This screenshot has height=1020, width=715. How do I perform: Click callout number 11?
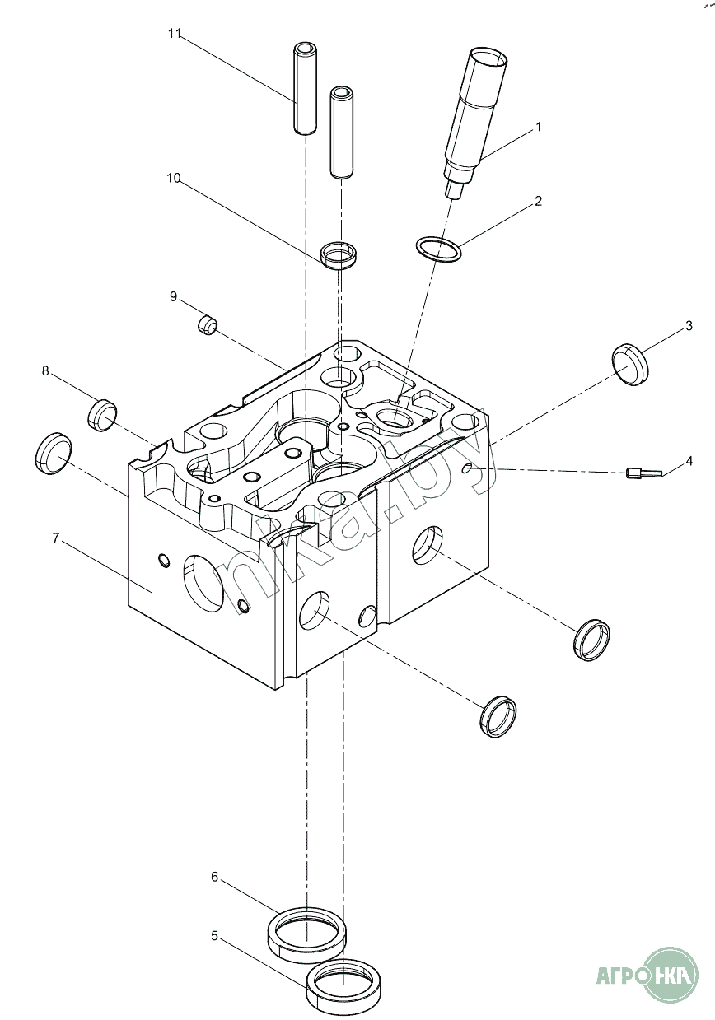[x=174, y=34]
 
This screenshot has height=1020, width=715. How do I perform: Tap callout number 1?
[x=538, y=128]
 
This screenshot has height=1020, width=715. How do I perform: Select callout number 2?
[x=538, y=201]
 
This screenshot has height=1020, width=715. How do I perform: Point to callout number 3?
[x=689, y=327]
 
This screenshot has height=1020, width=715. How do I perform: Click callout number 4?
[x=689, y=460]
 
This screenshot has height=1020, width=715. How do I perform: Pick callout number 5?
[x=214, y=936]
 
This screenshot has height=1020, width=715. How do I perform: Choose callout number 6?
[x=214, y=878]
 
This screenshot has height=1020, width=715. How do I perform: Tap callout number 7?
[x=55, y=538]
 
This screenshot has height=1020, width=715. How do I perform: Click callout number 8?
[x=46, y=371]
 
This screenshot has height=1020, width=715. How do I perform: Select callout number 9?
[x=174, y=296]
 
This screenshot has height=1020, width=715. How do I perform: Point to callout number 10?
[x=174, y=179]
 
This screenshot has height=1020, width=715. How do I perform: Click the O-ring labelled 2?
[x=438, y=249]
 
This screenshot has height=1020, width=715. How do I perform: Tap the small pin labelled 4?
[x=643, y=473]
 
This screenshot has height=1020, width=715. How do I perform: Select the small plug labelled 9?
[x=207, y=324]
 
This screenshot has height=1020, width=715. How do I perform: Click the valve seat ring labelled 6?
[x=306, y=933]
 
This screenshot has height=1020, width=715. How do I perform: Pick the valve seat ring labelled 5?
[x=343, y=986]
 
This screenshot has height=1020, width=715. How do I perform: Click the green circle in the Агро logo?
[x=670, y=976]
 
